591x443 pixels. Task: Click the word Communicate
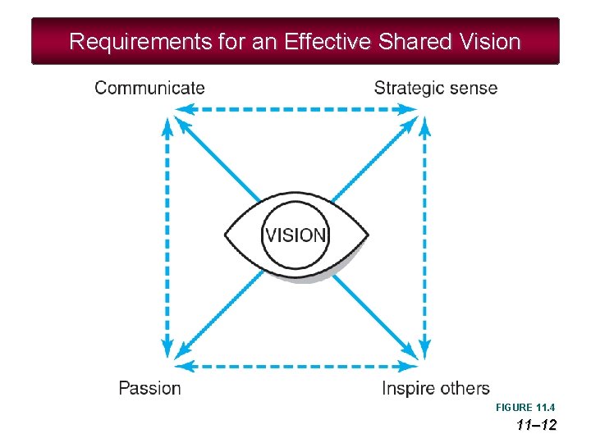click(x=150, y=88)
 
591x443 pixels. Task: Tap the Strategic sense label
click(x=435, y=88)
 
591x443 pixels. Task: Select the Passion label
click(x=149, y=388)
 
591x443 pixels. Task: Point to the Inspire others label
click(x=435, y=388)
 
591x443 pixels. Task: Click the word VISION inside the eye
click(x=295, y=235)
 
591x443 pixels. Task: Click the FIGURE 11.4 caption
click(x=525, y=408)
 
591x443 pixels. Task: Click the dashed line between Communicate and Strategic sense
click(x=295, y=109)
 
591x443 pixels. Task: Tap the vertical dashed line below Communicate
click(x=167, y=238)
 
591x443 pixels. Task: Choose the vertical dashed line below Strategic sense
click(x=424, y=238)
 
